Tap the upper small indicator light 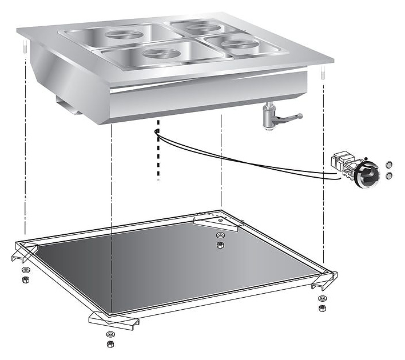(x=390, y=164)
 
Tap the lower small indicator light (x=390, y=175)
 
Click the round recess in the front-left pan (x=157, y=54)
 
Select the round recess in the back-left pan (x=127, y=35)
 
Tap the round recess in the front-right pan (x=236, y=43)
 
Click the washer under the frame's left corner (x=25, y=270)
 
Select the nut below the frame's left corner (x=25, y=280)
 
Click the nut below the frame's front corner (x=110, y=343)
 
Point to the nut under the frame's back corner (x=220, y=246)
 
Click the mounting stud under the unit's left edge (x=25, y=48)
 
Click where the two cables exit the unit (x=156, y=132)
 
